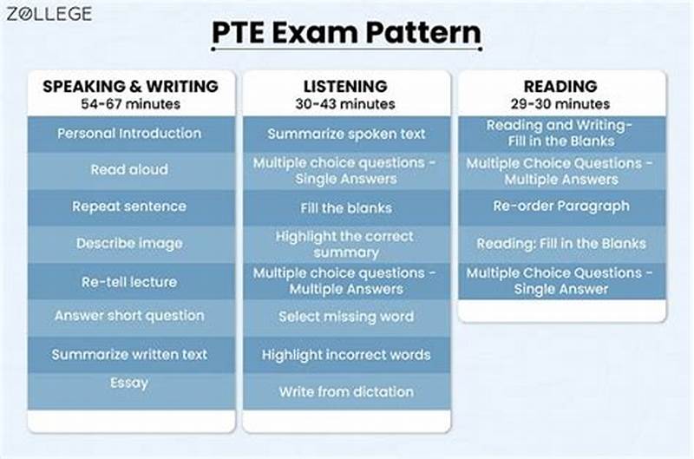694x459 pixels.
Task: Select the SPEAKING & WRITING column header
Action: (x=130, y=87)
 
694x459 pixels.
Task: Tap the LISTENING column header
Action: (x=345, y=87)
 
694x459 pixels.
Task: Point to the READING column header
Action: (x=560, y=87)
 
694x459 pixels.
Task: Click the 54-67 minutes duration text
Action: (x=130, y=104)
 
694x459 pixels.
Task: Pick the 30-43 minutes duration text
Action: (x=345, y=104)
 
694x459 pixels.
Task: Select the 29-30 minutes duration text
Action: (x=560, y=104)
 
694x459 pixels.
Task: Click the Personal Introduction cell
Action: (x=129, y=134)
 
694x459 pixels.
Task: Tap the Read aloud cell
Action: (x=129, y=170)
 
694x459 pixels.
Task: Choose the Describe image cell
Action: (x=129, y=244)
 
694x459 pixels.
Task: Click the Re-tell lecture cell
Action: (x=129, y=281)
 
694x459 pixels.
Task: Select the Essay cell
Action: (x=129, y=383)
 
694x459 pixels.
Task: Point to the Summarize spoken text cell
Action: (x=346, y=134)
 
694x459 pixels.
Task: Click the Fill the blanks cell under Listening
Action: (x=346, y=208)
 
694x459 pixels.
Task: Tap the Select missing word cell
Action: (x=346, y=317)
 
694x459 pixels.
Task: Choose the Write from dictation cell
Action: (x=346, y=392)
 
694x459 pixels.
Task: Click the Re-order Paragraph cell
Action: (x=561, y=207)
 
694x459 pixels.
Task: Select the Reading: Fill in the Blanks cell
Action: (x=561, y=244)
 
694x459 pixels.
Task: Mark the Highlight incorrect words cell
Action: (x=346, y=355)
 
